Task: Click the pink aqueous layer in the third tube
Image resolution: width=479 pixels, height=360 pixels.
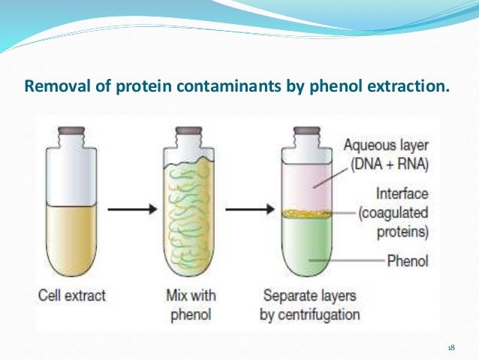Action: point(307,188)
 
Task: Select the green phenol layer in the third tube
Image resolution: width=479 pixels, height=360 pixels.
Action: point(307,248)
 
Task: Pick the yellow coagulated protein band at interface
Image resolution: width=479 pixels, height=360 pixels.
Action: point(307,214)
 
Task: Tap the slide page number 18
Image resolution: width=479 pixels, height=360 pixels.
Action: point(451,347)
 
